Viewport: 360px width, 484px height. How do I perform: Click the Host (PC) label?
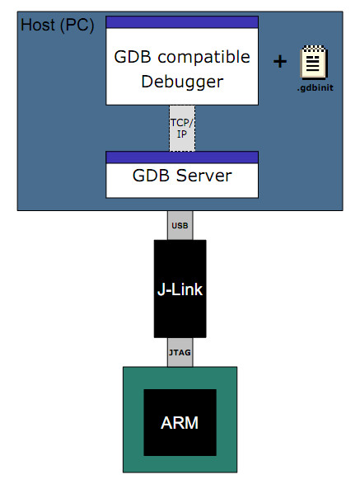[x=57, y=25]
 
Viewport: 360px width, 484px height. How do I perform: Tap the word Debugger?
[x=182, y=82]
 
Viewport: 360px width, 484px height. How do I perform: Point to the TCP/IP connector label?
[x=182, y=127]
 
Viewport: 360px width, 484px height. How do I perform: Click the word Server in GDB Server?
[x=206, y=176]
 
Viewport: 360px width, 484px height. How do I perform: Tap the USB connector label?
[x=180, y=224]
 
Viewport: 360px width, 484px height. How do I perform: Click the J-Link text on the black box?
[x=180, y=289]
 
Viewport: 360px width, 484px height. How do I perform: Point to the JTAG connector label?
[x=180, y=352]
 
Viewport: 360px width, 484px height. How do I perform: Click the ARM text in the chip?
[x=181, y=423]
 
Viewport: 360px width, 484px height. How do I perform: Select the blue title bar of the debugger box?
[x=182, y=21]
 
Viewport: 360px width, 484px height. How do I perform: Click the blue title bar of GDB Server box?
[x=182, y=157]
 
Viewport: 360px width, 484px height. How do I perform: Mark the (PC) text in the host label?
[x=78, y=25]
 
